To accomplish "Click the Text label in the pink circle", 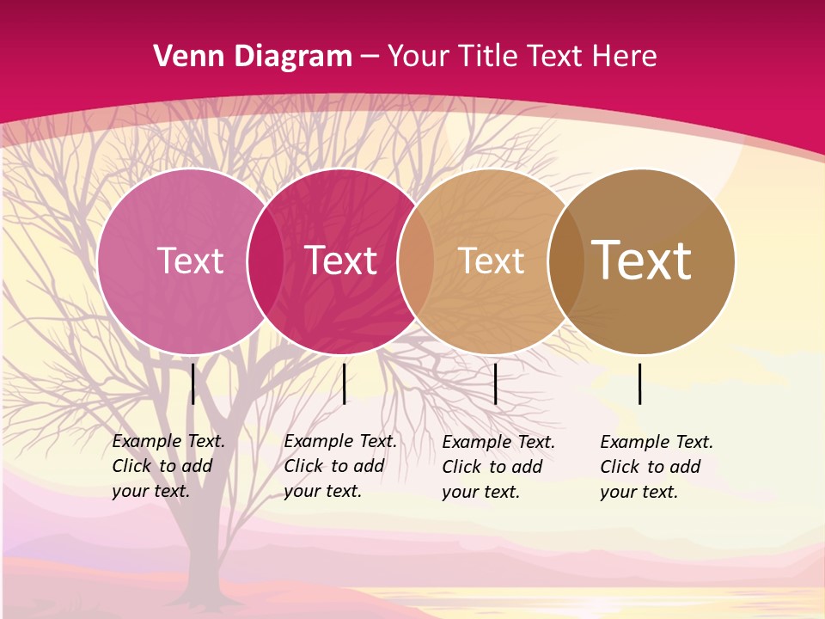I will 190,260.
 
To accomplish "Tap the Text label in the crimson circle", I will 340,260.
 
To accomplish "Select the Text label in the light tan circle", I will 491,260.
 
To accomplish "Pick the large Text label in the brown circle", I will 641,260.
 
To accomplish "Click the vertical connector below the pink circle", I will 193,384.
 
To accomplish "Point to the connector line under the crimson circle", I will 345,384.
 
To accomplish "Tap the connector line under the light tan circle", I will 496,384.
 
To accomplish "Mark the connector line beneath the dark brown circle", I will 640,384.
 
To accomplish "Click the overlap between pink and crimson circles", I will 266,260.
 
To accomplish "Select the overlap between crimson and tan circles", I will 416,260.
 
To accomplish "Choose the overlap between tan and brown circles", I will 566,260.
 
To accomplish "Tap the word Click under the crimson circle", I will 303,466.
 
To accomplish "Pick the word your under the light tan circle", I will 461,492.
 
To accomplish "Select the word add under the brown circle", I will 685,467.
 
